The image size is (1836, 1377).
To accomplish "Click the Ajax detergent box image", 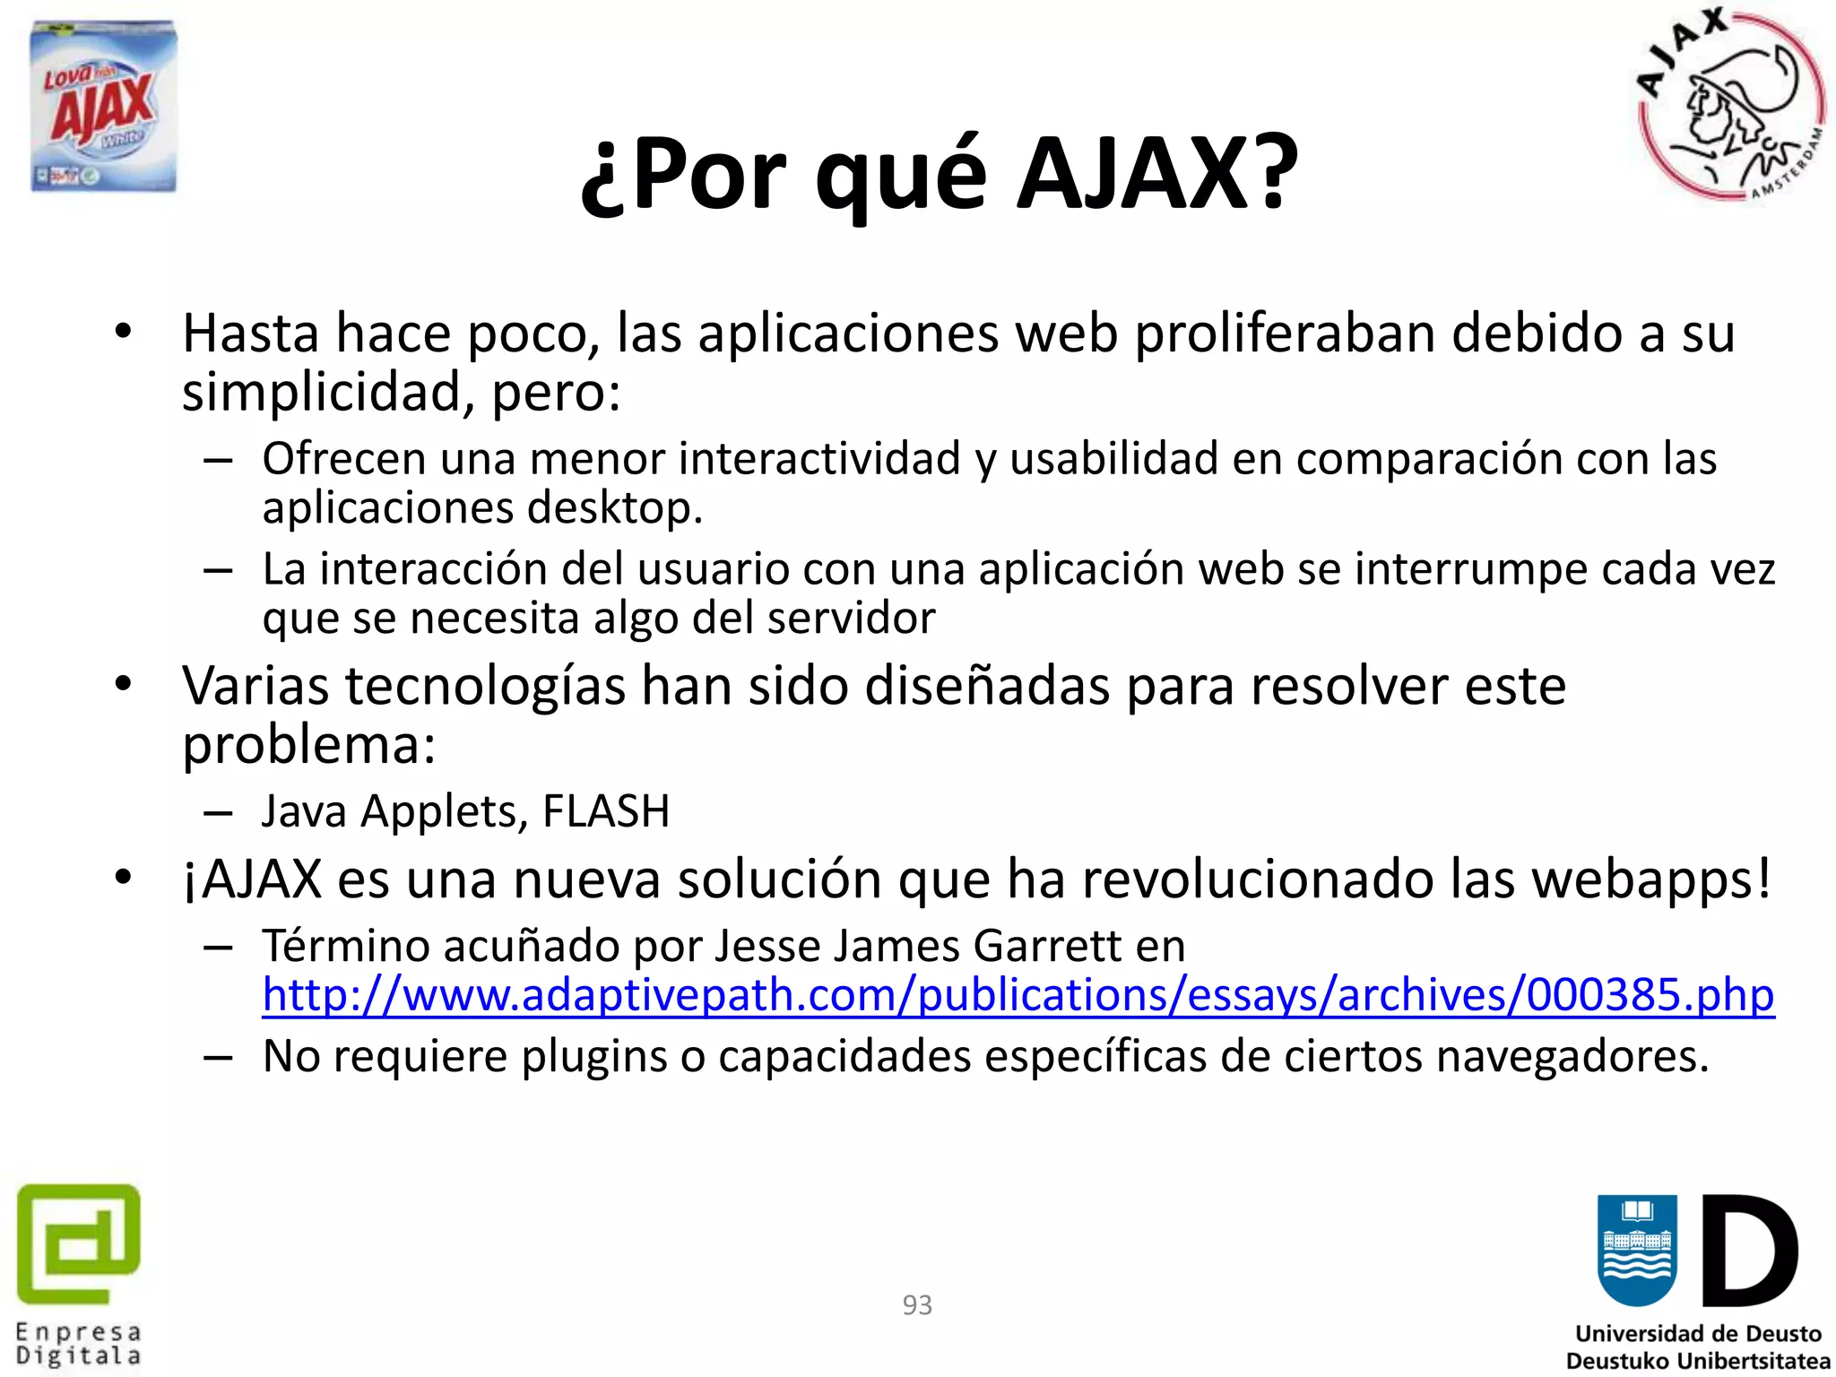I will pos(104,107).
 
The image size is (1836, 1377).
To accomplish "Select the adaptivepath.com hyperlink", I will pos(1018,995).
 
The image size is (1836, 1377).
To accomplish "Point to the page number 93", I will pos(917,1304).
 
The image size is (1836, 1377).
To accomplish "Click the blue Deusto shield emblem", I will pos(1637,1251).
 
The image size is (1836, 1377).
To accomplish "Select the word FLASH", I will pos(606,811).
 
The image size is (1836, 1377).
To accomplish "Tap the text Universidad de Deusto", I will pos(1698,1333).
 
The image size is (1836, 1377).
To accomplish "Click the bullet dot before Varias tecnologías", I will pos(124,685).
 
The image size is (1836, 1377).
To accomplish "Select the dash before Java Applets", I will pos(218,813).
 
